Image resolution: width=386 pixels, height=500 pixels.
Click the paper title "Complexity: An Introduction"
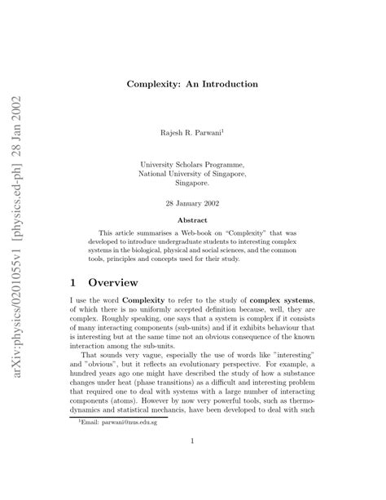coord(193,84)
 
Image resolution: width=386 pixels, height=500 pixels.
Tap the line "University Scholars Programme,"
coord(193,163)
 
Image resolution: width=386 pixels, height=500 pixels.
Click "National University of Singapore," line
coord(193,173)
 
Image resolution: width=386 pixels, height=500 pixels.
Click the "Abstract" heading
coord(193,219)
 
